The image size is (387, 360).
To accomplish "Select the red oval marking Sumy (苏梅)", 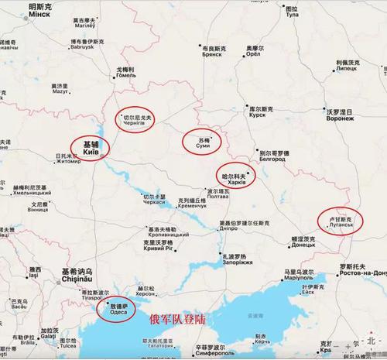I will pos(201,140).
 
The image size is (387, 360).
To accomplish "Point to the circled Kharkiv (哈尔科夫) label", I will pos(236,177).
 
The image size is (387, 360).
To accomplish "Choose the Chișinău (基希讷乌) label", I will pos(75,276).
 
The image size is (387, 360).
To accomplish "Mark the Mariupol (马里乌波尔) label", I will pos(299,275).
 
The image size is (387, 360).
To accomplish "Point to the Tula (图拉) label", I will pos(313,12).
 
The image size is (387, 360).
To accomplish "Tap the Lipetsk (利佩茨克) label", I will pos(351,66).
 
